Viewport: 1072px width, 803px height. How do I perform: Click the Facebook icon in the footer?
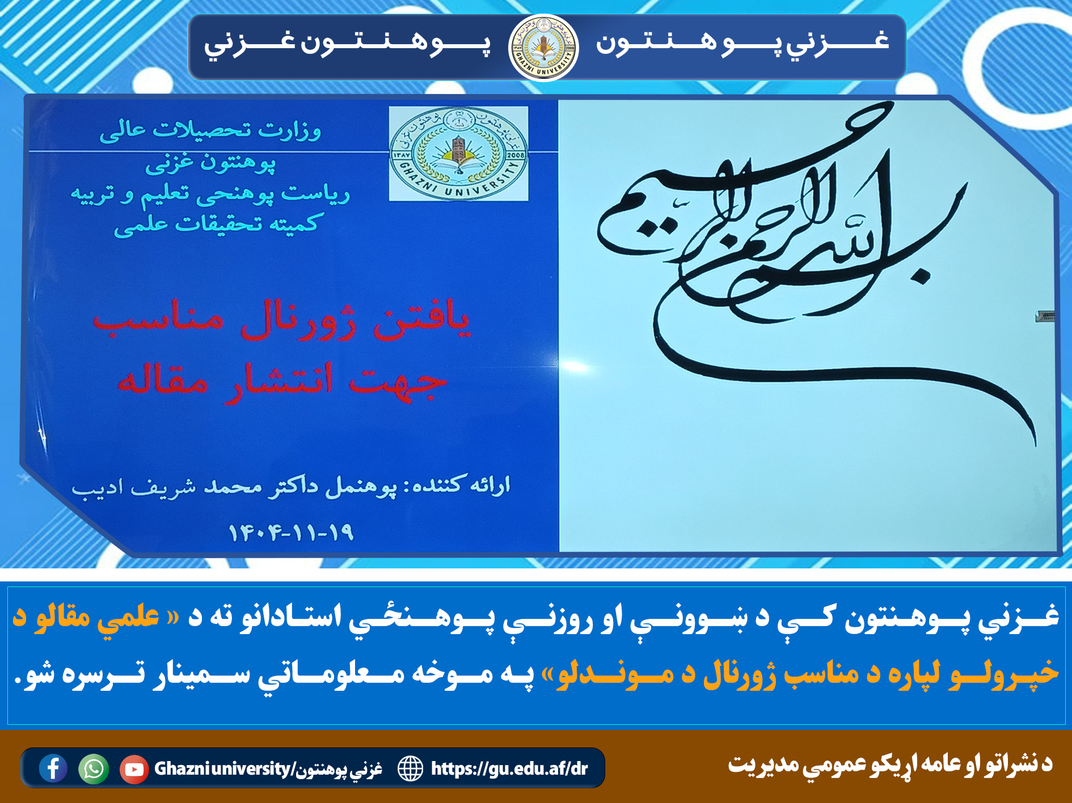point(53,768)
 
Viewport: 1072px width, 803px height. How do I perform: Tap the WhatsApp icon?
point(94,769)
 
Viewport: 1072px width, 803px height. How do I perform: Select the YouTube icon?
point(134,769)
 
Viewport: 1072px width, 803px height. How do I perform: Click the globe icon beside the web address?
point(410,769)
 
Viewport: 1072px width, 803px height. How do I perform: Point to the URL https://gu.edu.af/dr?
point(509,768)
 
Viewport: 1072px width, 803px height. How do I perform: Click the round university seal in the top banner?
point(543,48)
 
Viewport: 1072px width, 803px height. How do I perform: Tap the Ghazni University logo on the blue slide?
point(458,154)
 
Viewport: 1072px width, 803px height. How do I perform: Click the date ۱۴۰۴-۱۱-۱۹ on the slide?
point(291,532)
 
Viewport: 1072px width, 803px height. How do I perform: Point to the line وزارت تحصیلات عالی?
point(210,130)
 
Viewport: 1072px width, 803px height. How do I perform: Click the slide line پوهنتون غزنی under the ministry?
point(210,163)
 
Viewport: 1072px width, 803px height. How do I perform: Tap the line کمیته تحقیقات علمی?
point(218,224)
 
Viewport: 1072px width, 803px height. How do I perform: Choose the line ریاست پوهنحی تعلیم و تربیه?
point(210,194)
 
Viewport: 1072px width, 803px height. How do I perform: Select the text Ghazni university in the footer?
point(222,768)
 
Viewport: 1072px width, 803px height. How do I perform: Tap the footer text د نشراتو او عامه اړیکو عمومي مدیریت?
point(890,764)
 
